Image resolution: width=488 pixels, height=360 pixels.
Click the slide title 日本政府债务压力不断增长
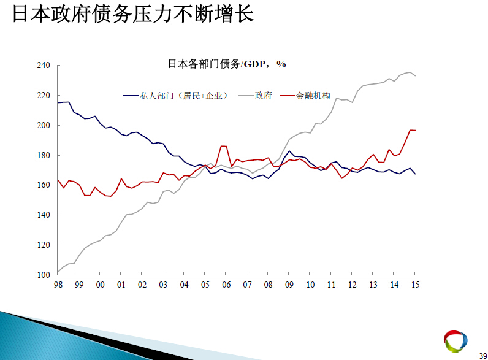pyautogui.click(x=133, y=13)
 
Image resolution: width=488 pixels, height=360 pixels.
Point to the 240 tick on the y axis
pyautogui.click(x=44, y=65)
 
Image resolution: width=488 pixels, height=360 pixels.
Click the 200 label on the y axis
pyautogui.click(x=44, y=125)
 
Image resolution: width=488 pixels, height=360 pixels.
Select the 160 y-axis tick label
pyautogui.click(x=44, y=185)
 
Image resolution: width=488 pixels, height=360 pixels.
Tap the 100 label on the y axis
pyautogui.click(x=44, y=275)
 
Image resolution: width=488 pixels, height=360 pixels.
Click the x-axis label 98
pyautogui.click(x=58, y=285)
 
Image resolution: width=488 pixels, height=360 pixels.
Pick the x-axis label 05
pyautogui.click(x=205, y=285)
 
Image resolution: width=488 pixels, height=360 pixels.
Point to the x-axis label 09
pyautogui.click(x=289, y=285)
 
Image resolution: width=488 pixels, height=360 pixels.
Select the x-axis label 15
pyautogui.click(x=415, y=285)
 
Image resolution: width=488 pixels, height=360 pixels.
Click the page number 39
pyautogui.click(x=483, y=356)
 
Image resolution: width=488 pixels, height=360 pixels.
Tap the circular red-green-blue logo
pyautogui.click(x=456, y=341)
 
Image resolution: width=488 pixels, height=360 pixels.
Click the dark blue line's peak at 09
pyautogui.click(x=289, y=151)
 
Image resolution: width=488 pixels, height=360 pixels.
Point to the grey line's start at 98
pyautogui.click(x=58, y=272)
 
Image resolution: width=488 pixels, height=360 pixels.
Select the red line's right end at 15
pyautogui.click(x=415, y=130)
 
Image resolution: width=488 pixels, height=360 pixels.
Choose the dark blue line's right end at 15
pyautogui.click(x=415, y=174)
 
